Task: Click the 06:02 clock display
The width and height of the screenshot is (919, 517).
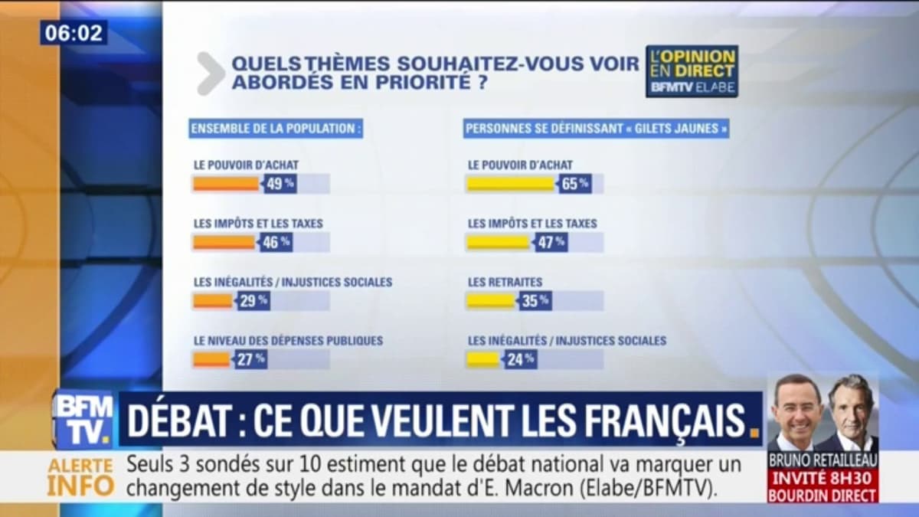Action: tap(74, 33)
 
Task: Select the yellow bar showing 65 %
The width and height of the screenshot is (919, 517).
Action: tap(510, 184)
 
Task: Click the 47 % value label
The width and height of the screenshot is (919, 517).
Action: tap(549, 242)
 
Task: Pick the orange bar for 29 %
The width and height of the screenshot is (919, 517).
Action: tap(212, 300)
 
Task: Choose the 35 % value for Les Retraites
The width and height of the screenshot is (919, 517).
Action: tap(535, 300)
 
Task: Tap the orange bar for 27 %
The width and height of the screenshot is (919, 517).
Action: tap(211, 358)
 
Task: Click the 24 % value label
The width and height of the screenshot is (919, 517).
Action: tap(519, 358)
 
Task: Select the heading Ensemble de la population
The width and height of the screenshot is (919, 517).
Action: tap(276, 129)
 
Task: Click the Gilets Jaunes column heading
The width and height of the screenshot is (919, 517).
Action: tap(596, 129)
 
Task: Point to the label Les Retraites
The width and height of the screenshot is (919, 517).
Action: tap(505, 282)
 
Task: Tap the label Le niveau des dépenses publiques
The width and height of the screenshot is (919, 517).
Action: tap(288, 340)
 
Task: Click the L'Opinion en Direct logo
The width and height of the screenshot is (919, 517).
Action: tap(692, 70)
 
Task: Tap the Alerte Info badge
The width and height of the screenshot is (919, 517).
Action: tap(80, 476)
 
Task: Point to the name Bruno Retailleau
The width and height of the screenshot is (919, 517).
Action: tap(823, 461)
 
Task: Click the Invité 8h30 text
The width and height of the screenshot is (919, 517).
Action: tap(823, 478)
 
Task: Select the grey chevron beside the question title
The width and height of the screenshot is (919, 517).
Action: tap(210, 74)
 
